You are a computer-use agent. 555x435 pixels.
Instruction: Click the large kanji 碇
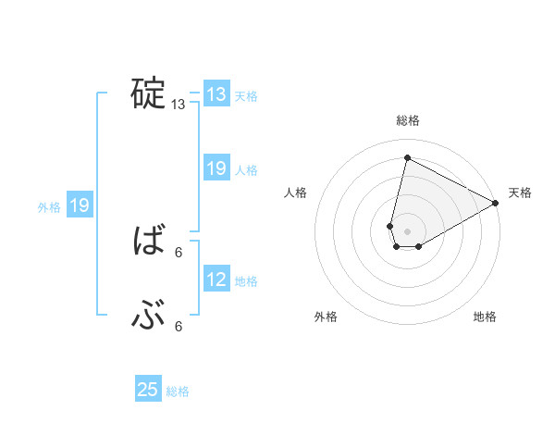click(149, 93)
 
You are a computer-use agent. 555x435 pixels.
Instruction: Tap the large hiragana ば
click(149, 242)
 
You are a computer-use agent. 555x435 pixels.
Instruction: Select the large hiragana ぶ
click(149, 317)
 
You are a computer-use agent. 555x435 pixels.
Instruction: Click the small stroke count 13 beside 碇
click(179, 106)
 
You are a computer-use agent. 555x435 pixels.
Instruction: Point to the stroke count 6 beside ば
click(179, 252)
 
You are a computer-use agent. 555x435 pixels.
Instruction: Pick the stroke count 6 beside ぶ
click(179, 327)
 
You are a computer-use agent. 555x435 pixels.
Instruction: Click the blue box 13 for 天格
click(216, 94)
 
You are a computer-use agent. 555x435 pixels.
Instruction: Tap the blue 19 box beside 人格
click(216, 168)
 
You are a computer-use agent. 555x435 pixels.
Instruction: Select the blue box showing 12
click(216, 280)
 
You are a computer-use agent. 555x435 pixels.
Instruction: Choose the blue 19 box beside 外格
click(80, 205)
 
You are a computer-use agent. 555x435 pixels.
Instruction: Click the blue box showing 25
click(148, 390)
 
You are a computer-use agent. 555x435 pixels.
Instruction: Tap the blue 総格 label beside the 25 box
click(178, 391)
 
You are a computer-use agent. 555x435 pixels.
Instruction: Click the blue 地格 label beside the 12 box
click(246, 281)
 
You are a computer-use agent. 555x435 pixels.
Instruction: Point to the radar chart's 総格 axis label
click(408, 120)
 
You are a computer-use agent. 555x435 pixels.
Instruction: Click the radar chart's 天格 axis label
click(520, 193)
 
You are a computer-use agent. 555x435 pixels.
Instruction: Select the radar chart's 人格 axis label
click(296, 193)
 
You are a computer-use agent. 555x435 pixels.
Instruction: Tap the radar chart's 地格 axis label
click(485, 317)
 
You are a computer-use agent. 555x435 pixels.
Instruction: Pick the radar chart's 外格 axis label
click(326, 317)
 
